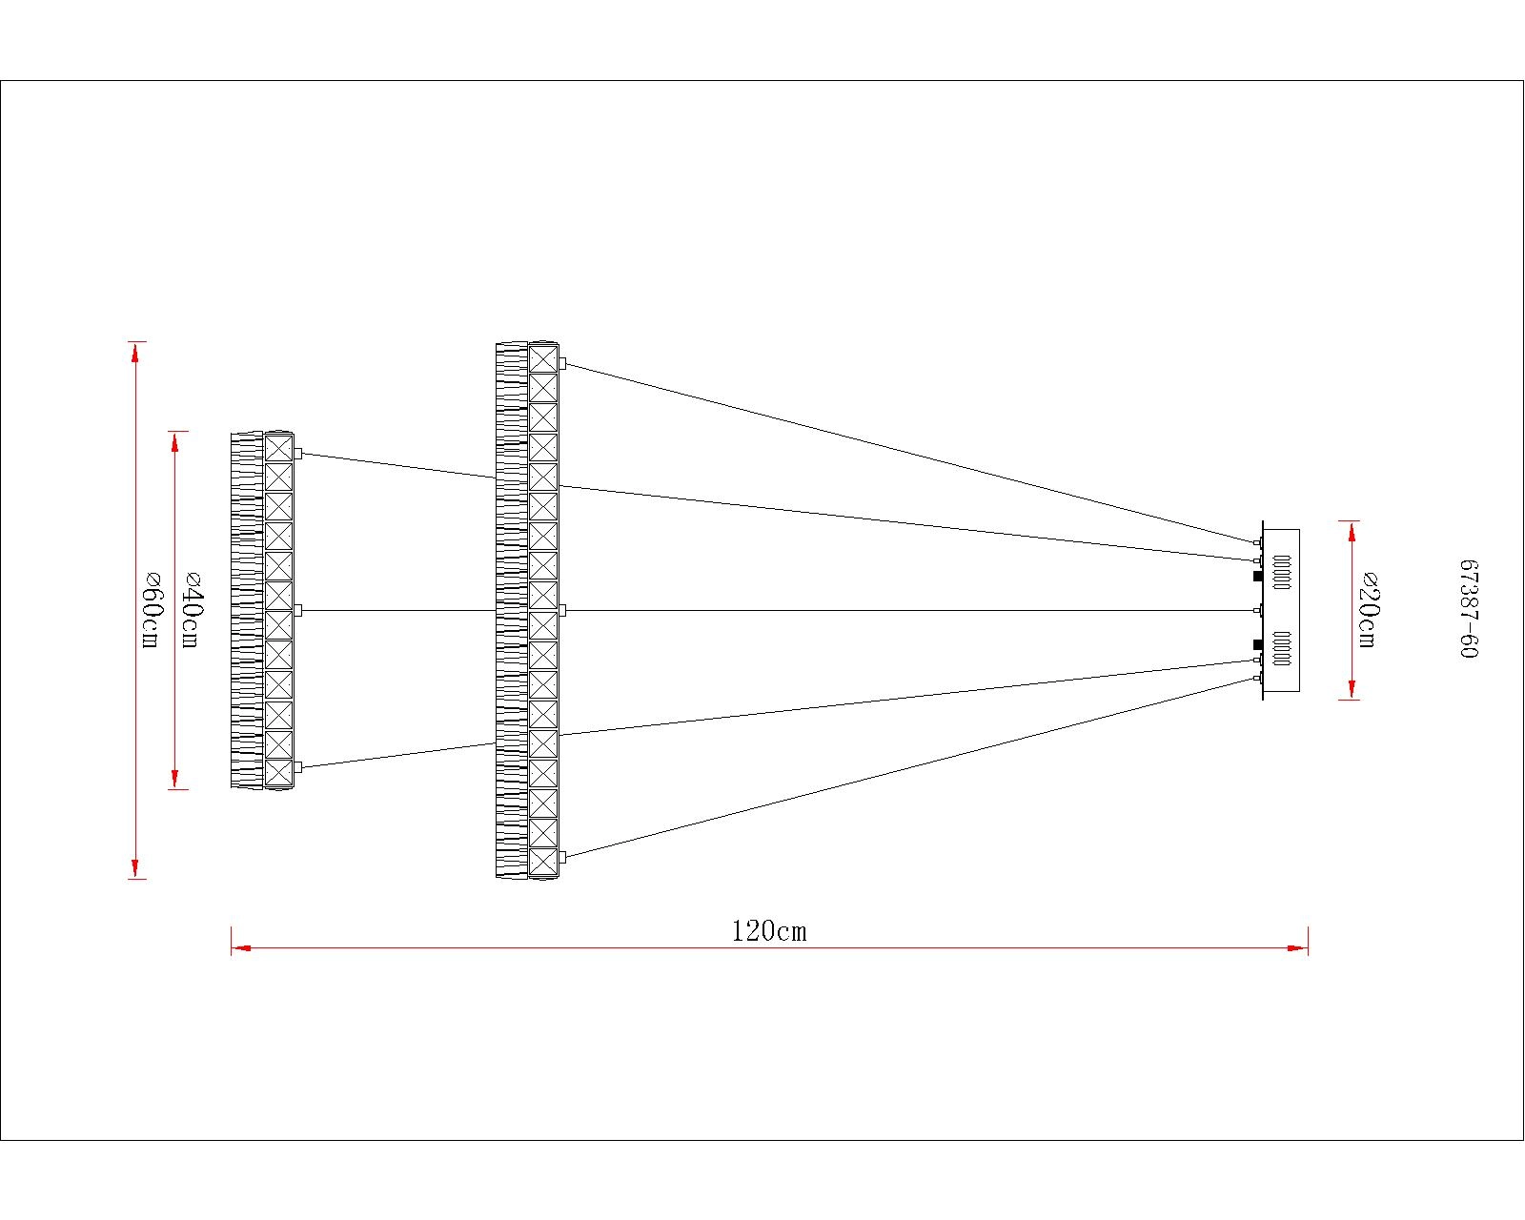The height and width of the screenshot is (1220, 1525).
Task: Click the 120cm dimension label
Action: tap(769, 931)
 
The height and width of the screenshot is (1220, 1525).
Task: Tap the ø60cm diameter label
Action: tap(151, 610)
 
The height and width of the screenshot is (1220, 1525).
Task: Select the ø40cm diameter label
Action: tap(191, 610)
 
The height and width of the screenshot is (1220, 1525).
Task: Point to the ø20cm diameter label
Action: tap(1369, 610)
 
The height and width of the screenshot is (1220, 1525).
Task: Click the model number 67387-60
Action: tap(1469, 609)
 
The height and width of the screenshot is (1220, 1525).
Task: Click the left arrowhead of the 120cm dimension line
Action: tap(241, 947)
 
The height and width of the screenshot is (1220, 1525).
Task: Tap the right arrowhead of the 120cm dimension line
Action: tap(1298, 947)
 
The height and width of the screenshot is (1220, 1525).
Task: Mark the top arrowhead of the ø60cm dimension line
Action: tap(135, 353)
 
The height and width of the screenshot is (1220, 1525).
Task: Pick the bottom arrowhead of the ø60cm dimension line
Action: tap(135, 868)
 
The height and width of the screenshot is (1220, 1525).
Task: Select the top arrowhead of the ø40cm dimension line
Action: tap(175, 441)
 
